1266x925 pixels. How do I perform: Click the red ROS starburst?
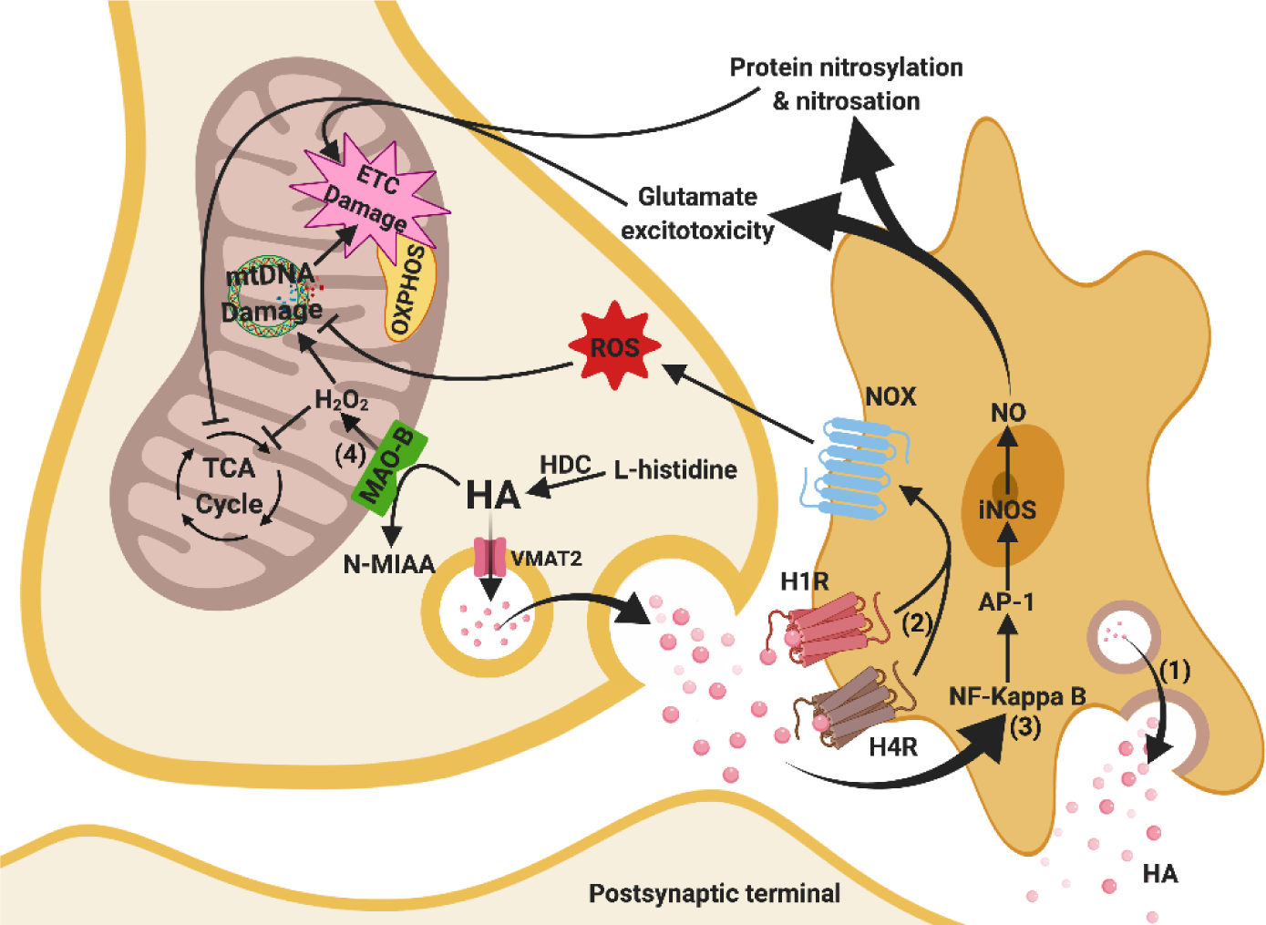coord(614,345)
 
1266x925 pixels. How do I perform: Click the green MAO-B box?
coord(389,468)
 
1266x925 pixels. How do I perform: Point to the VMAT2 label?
coord(546,559)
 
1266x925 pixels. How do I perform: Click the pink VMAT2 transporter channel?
coord(489,556)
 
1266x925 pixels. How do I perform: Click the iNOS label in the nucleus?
coord(1007,509)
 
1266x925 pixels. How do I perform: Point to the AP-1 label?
coord(1006,602)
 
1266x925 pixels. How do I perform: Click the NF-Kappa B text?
coord(1017,696)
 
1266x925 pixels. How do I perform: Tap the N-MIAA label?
coord(389,564)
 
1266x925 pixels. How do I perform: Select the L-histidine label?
coord(675,469)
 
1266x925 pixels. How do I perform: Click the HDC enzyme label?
coord(565,465)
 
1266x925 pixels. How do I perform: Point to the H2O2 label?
coord(342,400)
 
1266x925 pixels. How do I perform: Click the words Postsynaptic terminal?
coord(715,893)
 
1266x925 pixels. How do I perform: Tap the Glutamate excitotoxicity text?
coord(697,213)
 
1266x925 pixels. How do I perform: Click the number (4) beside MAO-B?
coord(350,455)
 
